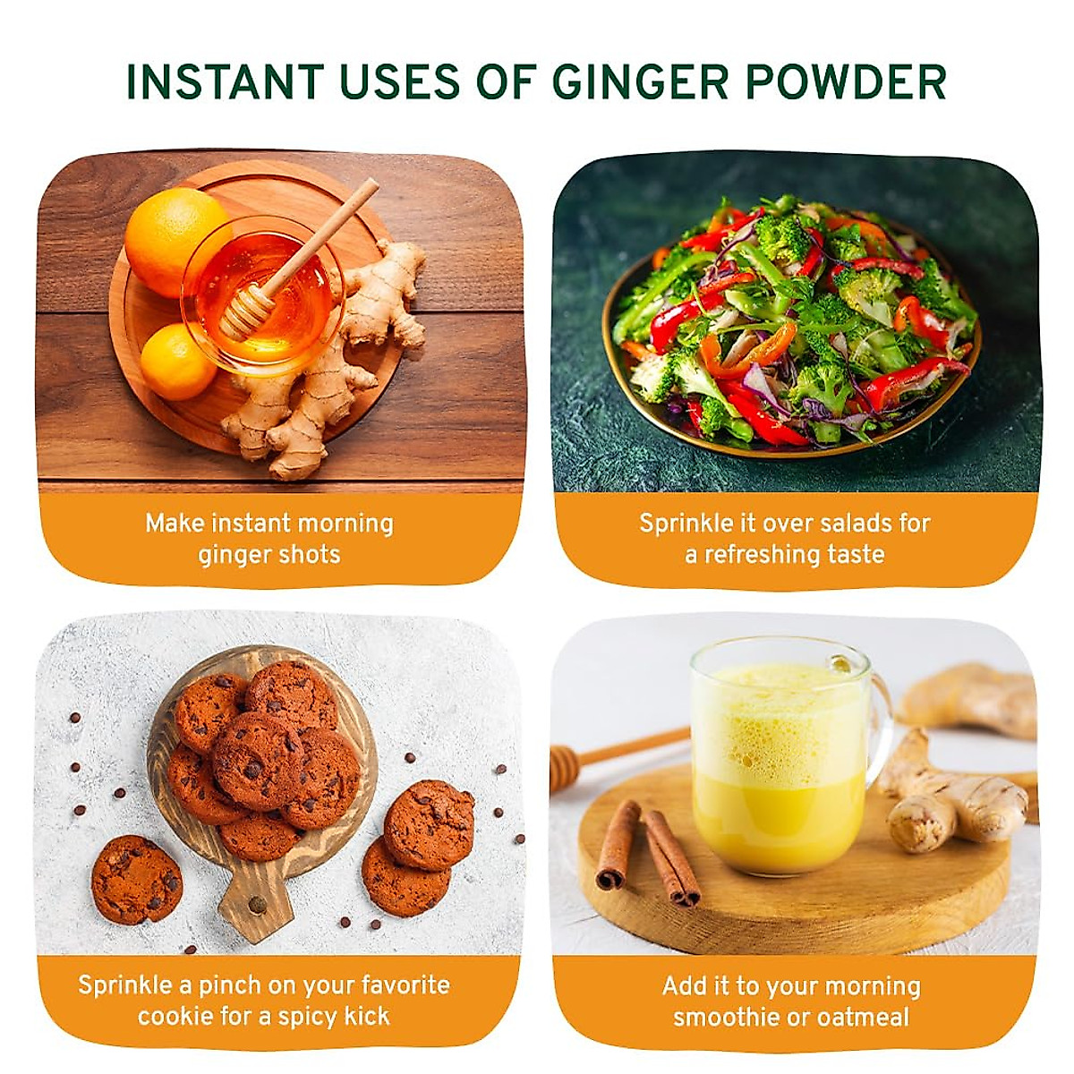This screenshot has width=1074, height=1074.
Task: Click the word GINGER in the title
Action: (641, 82)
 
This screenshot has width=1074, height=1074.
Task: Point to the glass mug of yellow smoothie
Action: (779, 756)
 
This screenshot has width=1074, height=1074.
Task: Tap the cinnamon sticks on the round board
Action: (648, 850)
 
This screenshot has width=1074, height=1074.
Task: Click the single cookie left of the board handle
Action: (136, 879)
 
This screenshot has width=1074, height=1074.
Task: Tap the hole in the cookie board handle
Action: (258, 904)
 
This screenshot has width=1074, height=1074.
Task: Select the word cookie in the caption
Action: (171, 1016)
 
